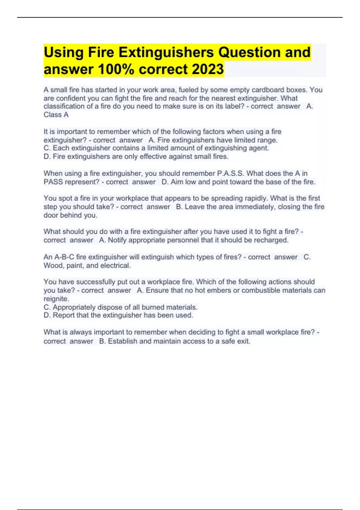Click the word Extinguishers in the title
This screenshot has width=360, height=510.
coord(166,53)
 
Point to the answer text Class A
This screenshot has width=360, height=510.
coord(56,115)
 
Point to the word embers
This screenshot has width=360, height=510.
coord(228,290)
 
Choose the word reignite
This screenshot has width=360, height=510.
coord(56,299)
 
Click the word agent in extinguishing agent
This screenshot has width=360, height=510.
coord(259,148)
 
